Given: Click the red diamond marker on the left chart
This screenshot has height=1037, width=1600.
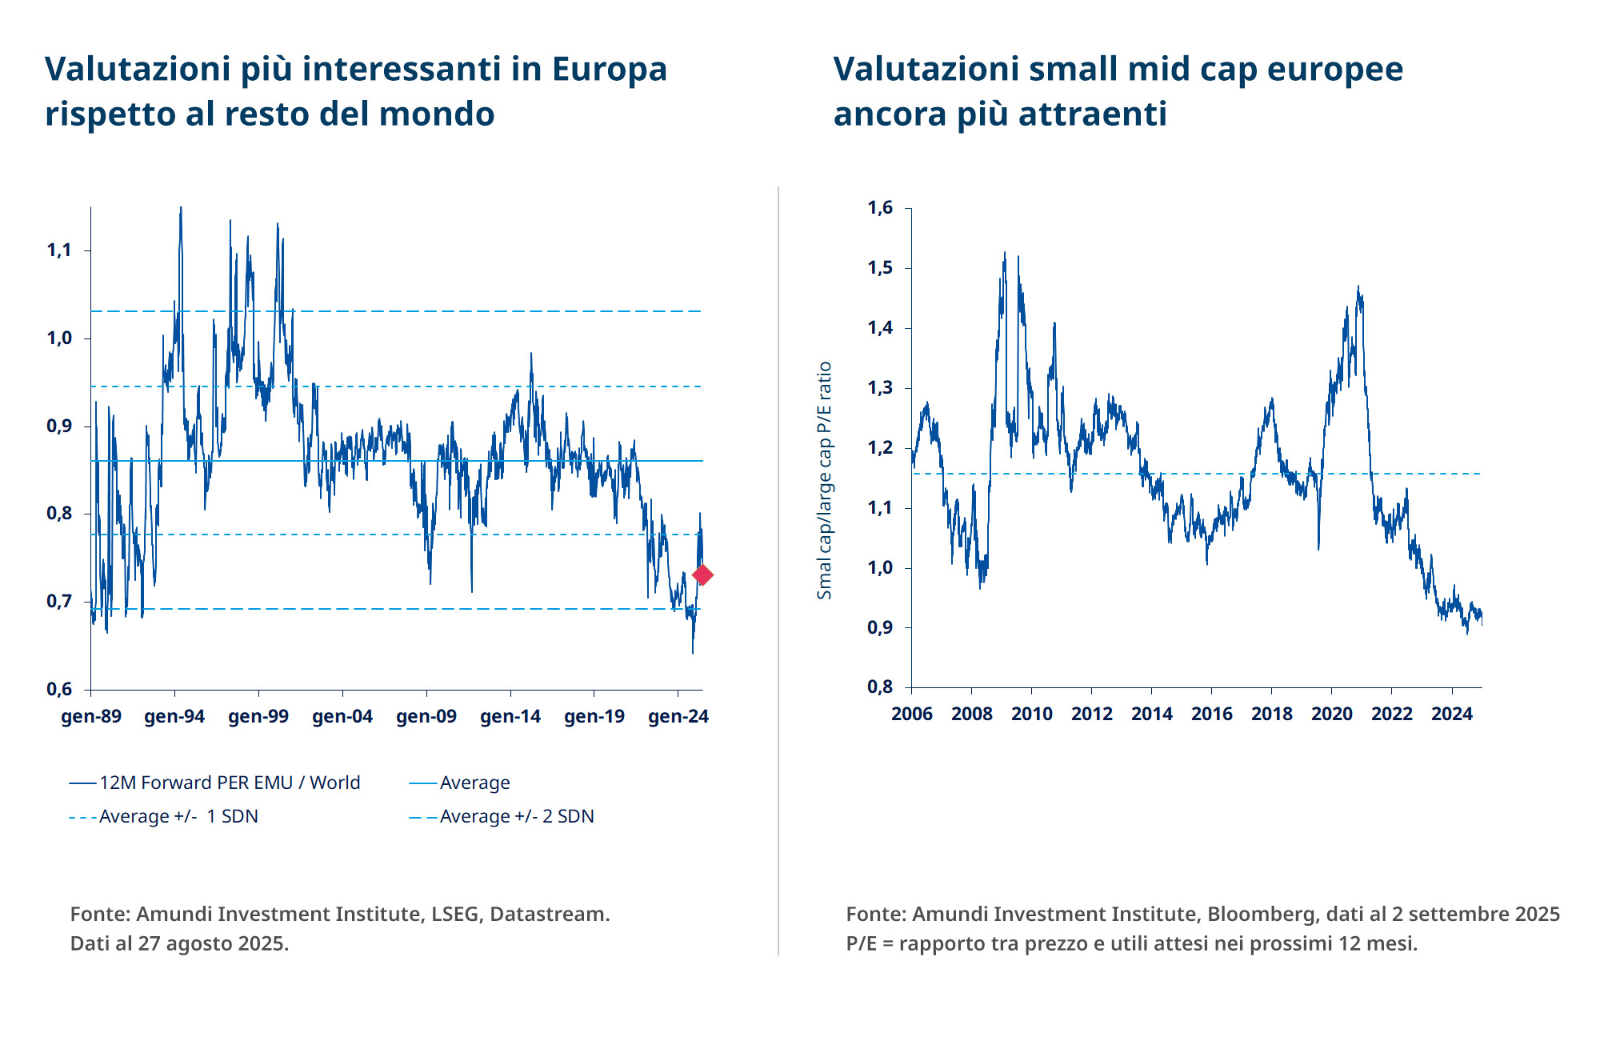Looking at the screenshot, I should coord(702,575).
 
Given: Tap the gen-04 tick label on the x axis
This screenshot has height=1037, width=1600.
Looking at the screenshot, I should coord(342,716).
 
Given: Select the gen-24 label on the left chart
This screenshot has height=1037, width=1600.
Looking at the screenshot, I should coord(678,716).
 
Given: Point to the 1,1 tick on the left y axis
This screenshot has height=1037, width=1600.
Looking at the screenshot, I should coord(59,250).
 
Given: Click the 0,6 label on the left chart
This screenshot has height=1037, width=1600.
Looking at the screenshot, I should coord(59,689).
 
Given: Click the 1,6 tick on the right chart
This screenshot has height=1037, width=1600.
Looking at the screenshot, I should coord(880,208).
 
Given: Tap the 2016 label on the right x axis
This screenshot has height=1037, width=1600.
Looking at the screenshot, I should coord(1211,714).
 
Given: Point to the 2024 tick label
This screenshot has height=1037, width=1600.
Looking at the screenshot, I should coord(1451,714).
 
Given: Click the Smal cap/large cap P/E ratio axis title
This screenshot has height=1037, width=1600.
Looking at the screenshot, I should coord(825,480).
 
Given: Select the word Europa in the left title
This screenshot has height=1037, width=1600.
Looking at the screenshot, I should coord(610,69).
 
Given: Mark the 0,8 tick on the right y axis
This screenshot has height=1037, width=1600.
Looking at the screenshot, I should coord(880,687).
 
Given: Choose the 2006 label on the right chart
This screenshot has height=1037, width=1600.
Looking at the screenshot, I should coord(912,714).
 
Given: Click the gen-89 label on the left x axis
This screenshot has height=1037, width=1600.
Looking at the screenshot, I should coord(91,716).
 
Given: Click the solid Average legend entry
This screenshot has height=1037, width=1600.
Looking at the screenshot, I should coord(474,783).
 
